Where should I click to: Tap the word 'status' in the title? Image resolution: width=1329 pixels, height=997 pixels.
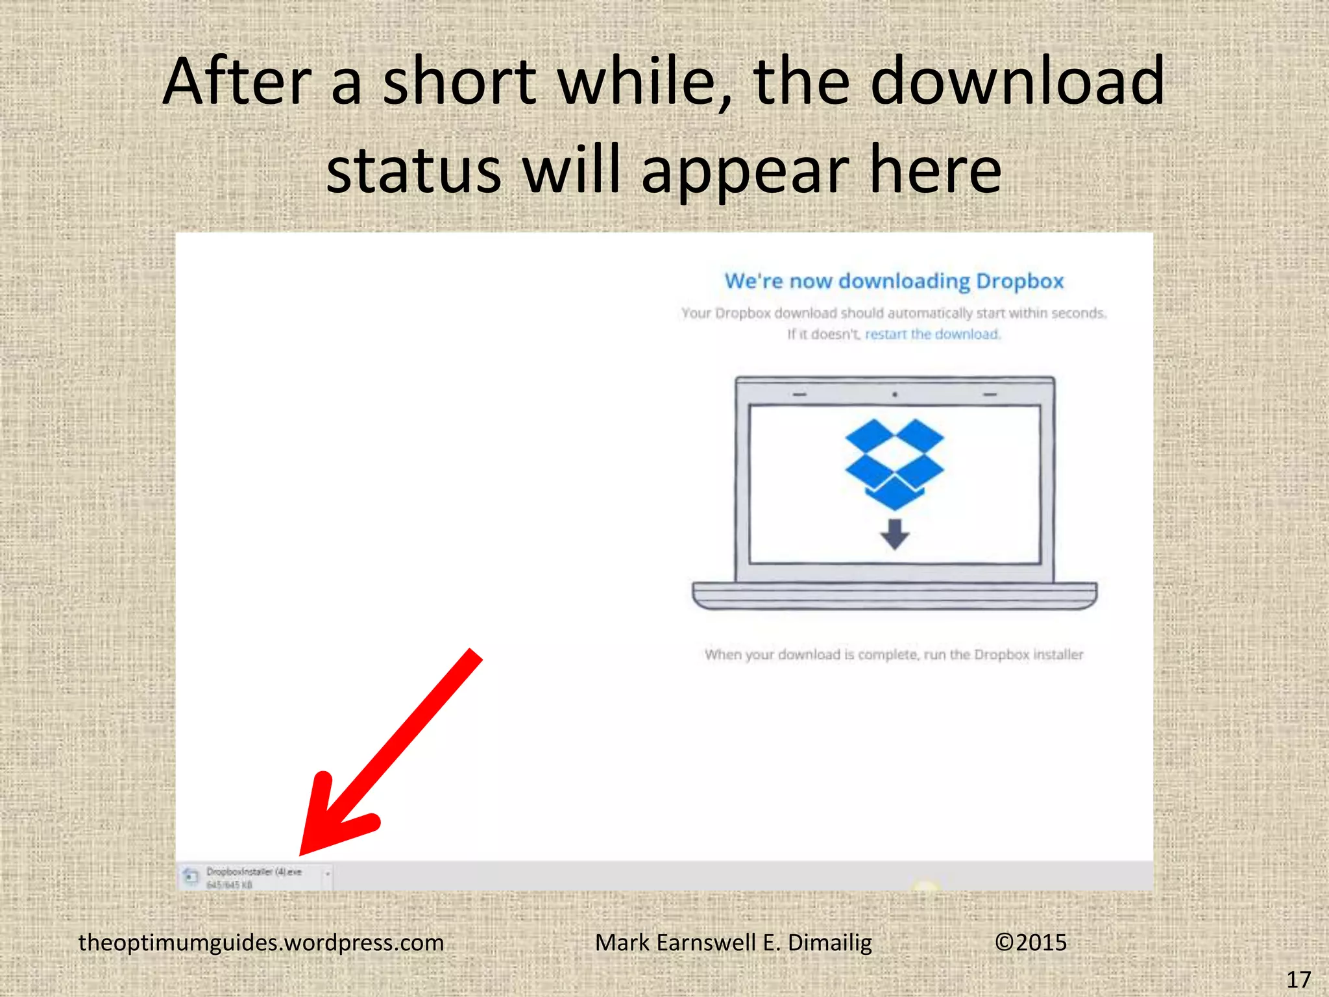(x=413, y=170)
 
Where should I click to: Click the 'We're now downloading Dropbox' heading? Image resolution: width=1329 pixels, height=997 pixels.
(x=894, y=281)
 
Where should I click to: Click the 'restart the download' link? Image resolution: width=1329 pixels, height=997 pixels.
(x=933, y=334)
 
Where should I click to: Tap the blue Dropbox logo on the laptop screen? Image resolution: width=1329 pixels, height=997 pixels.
(x=894, y=462)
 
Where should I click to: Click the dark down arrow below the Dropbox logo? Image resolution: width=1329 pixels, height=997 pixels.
(x=894, y=534)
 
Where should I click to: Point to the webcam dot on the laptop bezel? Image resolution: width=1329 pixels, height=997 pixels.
(x=894, y=394)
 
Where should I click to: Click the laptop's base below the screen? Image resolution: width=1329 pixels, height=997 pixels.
(x=894, y=595)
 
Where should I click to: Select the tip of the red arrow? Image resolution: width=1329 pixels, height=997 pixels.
(x=302, y=852)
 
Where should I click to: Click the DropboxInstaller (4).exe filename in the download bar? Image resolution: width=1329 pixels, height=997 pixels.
(x=254, y=872)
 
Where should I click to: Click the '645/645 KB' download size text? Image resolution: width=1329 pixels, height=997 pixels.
(x=229, y=885)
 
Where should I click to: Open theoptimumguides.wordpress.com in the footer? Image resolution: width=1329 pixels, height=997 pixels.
(x=261, y=942)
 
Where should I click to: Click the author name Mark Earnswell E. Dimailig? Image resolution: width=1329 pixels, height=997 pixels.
(x=733, y=942)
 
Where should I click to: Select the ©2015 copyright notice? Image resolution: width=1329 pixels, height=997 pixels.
(x=1030, y=942)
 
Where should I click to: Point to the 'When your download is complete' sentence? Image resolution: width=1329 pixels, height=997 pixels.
(x=894, y=654)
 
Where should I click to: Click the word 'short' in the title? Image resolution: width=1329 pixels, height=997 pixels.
(x=458, y=82)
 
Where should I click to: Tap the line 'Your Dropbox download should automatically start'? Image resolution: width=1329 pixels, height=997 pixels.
(x=894, y=313)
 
